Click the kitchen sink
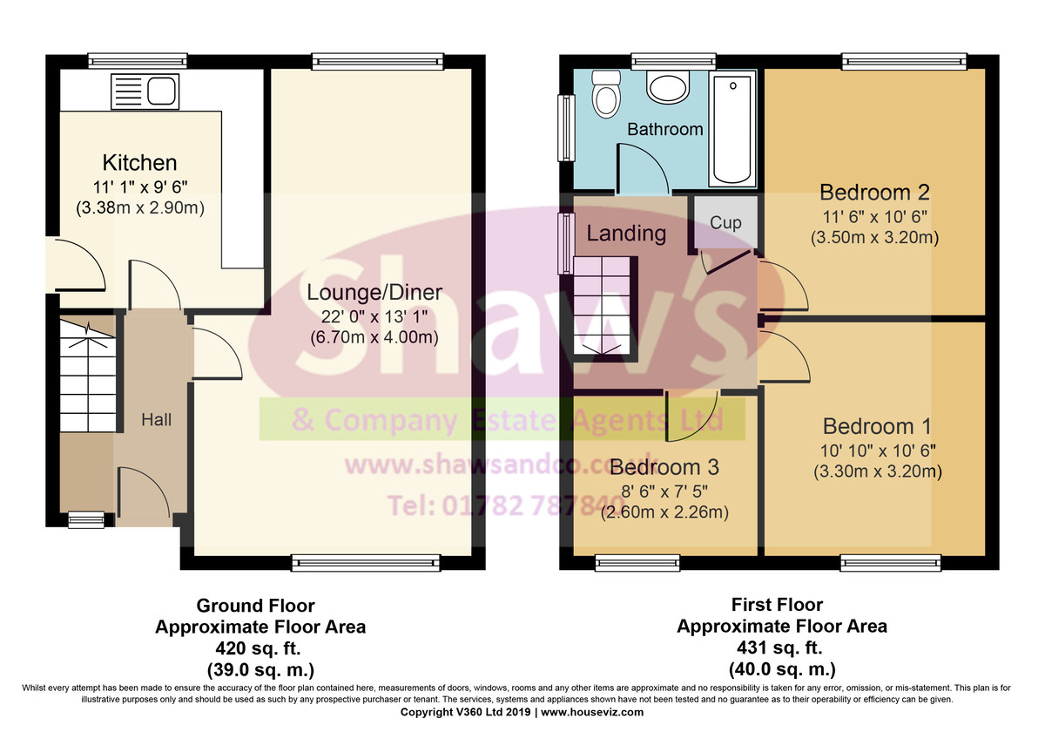tap(145, 92)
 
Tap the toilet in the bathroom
tap(606, 94)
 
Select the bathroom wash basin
tap(668, 87)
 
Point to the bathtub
tap(732, 129)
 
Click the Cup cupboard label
tap(725, 223)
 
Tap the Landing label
tap(626, 233)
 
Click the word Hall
tap(156, 420)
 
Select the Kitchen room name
tap(139, 162)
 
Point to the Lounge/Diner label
tap(374, 292)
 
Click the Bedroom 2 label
tap(874, 192)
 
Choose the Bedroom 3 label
tap(664, 467)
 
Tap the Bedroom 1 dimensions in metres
tap(878, 471)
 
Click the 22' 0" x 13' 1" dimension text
tap(374, 317)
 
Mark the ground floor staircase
tap(88, 374)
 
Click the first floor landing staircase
tap(603, 308)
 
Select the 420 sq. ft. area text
tap(258, 648)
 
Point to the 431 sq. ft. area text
tap(779, 647)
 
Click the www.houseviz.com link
tap(592, 712)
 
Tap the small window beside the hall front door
tap(86, 519)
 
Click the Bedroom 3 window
tap(637, 563)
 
